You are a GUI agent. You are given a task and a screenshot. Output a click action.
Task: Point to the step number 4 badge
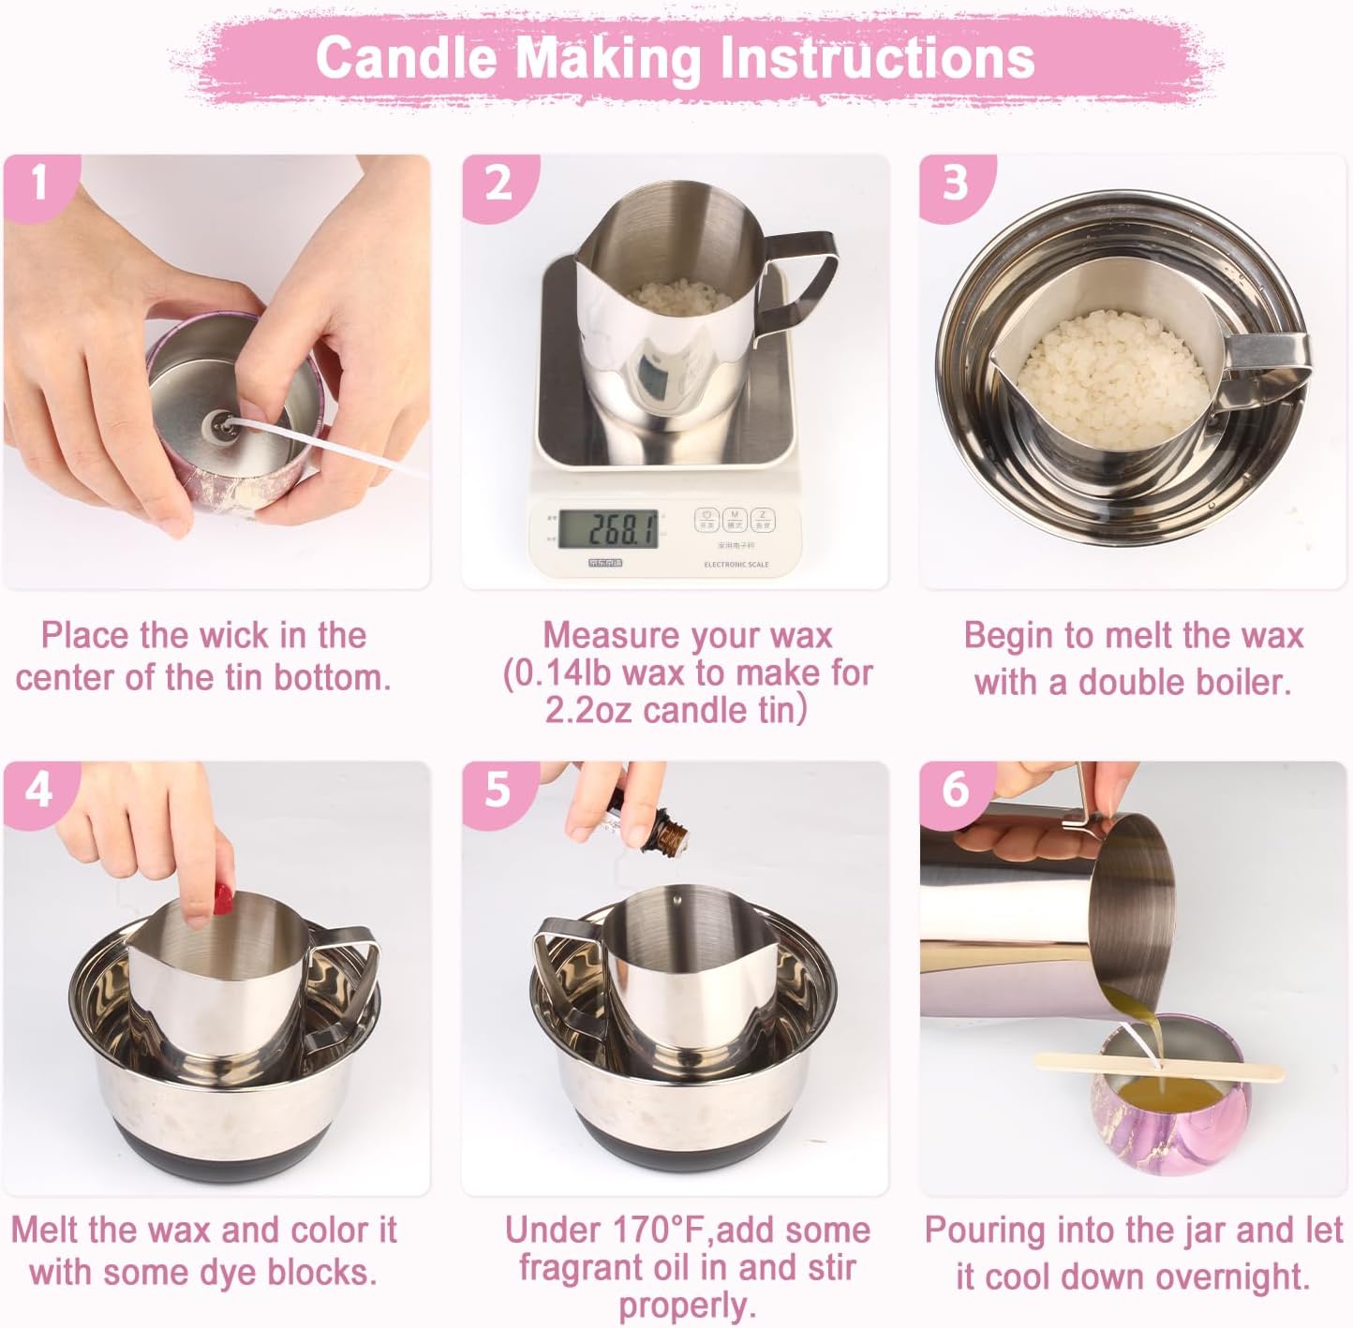click(x=38, y=791)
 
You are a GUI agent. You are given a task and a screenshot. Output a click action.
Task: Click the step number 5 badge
click(x=498, y=791)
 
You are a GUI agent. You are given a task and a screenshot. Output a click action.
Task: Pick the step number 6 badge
click(x=955, y=791)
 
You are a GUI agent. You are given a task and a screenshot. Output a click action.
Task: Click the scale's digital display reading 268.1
click(x=608, y=529)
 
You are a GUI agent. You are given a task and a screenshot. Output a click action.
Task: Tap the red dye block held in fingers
click(x=222, y=900)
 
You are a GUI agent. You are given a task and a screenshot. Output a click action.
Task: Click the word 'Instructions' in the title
click(x=878, y=57)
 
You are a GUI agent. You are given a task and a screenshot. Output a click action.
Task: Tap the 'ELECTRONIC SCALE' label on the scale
click(x=736, y=565)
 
